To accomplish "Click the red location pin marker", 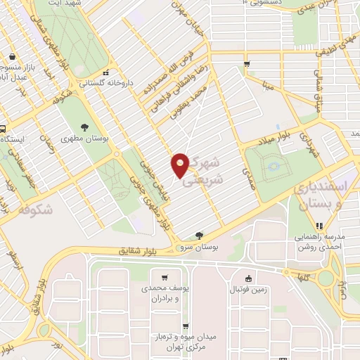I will pos(181,165).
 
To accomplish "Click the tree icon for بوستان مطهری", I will pos(84,127).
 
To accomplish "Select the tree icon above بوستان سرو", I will pos(200,236).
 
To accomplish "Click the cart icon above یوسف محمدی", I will pos(164,278).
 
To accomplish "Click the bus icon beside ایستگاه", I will pos(3,129).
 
